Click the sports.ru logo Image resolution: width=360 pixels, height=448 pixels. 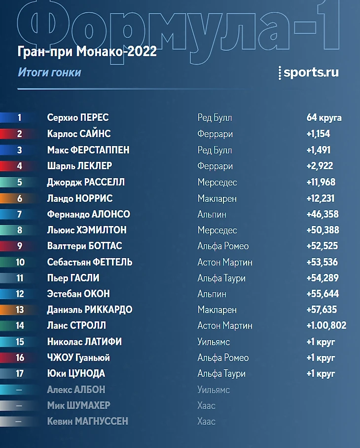(309, 72)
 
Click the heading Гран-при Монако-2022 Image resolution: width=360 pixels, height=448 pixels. (87, 51)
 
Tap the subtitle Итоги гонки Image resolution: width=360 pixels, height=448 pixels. (49, 73)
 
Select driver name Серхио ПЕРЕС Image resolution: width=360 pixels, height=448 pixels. (78, 118)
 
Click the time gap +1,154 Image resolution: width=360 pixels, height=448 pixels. (318, 134)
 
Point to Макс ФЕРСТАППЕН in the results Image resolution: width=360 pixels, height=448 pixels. (88, 150)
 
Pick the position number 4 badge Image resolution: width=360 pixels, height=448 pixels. (20, 166)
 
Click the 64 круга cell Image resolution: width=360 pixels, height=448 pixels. (324, 118)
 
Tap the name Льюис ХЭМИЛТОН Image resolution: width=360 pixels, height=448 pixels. (87, 230)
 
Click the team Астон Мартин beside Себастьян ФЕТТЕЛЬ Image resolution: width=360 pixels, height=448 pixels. (225, 262)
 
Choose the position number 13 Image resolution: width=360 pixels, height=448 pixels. (20, 310)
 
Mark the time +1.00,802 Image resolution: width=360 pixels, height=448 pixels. (326, 326)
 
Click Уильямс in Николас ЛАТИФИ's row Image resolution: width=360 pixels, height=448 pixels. (214, 341)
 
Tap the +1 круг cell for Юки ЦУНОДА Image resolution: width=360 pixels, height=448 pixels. (321, 373)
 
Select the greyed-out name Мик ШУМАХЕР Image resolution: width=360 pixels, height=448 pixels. (78, 406)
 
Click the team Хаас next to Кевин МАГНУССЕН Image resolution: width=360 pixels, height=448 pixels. (207, 421)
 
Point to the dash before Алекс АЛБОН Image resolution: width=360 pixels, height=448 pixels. (19, 390)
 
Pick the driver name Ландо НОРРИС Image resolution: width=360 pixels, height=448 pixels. (80, 198)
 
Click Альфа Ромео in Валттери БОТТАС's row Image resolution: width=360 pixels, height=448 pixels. (223, 246)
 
